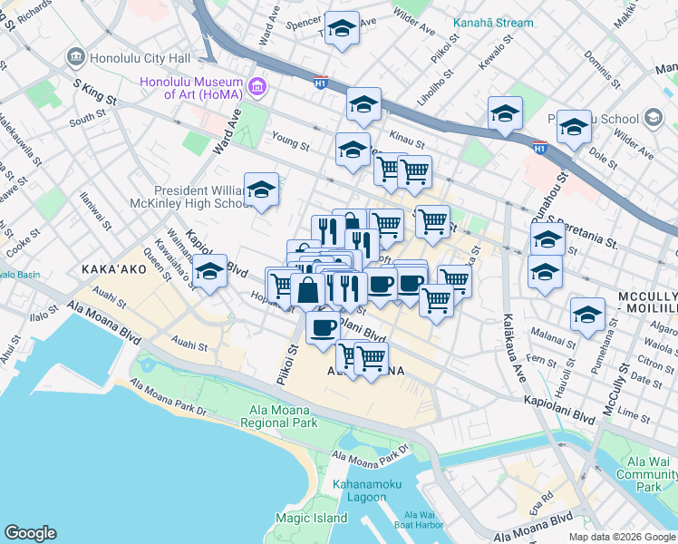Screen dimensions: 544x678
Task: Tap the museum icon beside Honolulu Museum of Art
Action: click(x=258, y=86)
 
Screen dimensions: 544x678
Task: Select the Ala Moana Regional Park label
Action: click(x=284, y=416)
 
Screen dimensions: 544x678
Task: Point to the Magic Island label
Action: click(x=311, y=518)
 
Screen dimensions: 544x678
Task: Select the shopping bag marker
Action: click(x=308, y=291)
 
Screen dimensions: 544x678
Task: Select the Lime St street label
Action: click(x=626, y=413)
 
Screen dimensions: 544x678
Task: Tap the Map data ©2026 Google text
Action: click(x=621, y=536)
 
